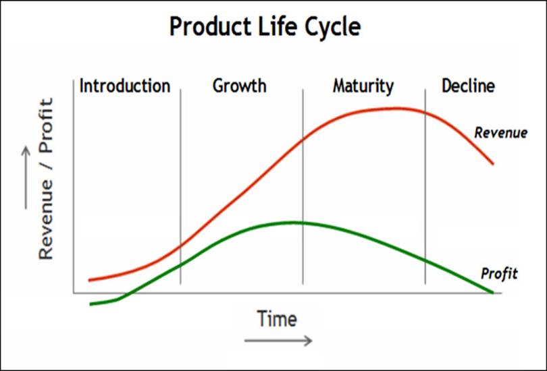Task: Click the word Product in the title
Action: click(210, 27)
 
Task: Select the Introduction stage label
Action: click(125, 86)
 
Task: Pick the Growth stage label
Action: click(239, 86)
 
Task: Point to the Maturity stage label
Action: click(363, 86)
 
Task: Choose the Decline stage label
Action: click(468, 86)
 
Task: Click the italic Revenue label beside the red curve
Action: click(501, 133)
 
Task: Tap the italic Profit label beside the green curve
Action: click(499, 273)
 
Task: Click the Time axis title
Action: click(277, 318)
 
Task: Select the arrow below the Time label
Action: click(278, 341)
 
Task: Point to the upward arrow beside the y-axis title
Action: click(26, 177)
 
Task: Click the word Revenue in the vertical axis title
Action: click(46, 220)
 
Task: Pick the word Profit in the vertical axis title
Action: click(46, 125)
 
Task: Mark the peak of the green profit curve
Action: click(292, 223)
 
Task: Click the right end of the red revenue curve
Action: click(493, 164)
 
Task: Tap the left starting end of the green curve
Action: click(90, 304)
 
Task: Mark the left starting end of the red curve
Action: click(90, 280)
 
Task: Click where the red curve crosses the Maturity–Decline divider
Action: click(425, 113)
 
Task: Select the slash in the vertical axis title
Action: click(47, 167)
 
